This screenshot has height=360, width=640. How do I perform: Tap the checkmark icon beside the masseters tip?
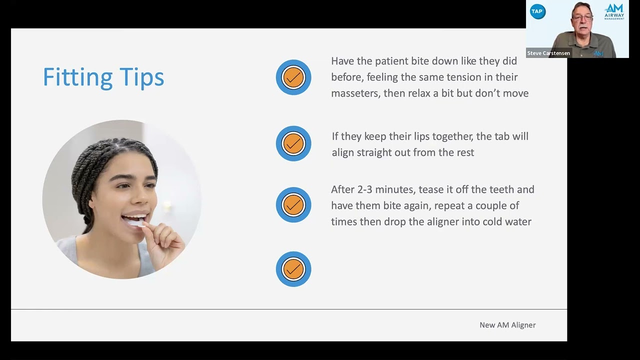pos(293,77)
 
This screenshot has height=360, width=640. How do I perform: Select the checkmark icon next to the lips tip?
pos(293,143)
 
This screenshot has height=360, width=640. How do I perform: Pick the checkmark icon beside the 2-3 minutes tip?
pos(293,205)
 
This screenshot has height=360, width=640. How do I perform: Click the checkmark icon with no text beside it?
pos(293,269)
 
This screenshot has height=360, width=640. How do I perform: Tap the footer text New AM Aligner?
pos(507,325)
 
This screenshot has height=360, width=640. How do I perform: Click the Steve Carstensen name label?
pos(548,53)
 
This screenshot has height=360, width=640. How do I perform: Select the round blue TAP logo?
pos(537,12)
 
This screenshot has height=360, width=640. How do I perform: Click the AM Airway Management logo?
pos(614,11)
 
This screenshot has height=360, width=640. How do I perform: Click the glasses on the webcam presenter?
pos(581,18)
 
